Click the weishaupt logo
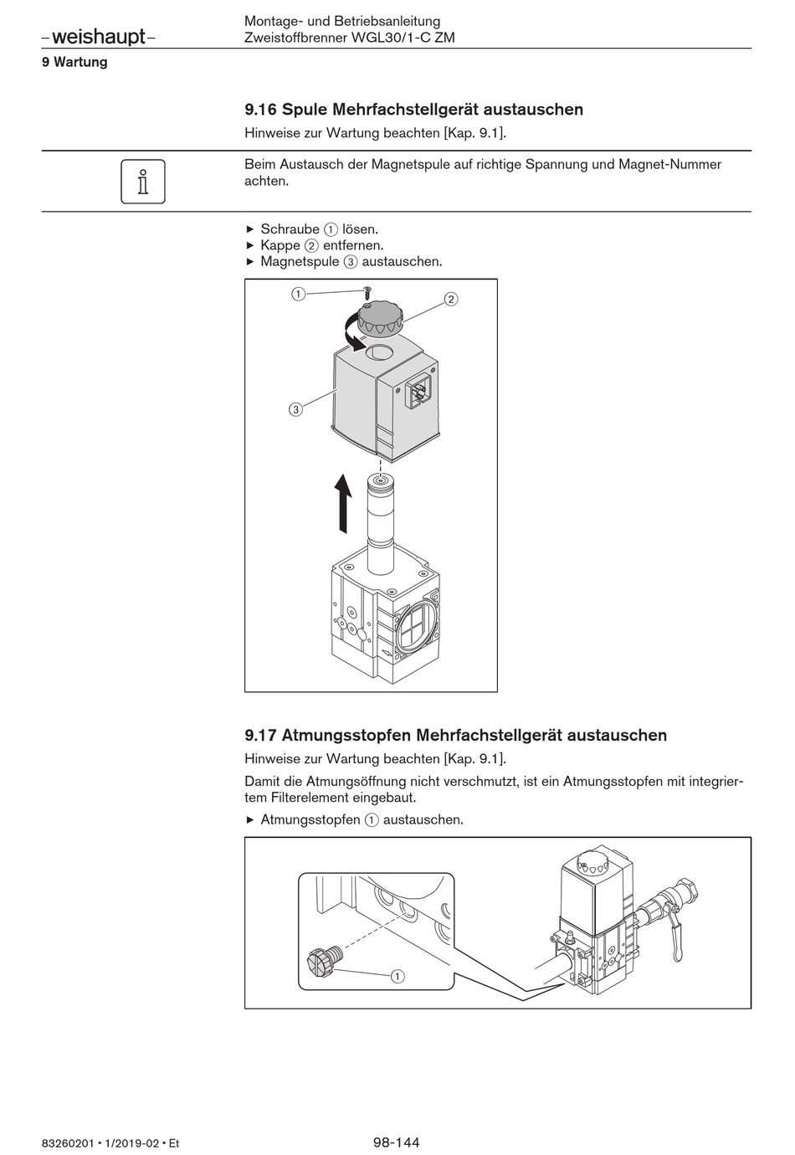(98, 36)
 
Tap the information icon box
(143, 181)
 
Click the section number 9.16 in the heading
(260, 110)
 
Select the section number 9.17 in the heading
(260, 736)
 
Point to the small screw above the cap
(367, 292)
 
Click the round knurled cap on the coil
(380, 317)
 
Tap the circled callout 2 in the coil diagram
(451, 300)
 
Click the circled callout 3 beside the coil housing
(295, 409)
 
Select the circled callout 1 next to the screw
(298, 294)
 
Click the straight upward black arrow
(343, 502)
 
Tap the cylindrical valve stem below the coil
(381, 523)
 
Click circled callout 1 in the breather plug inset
(397, 976)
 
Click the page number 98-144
(397, 1142)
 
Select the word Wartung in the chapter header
(80, 62)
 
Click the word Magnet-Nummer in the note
(669, 165)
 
